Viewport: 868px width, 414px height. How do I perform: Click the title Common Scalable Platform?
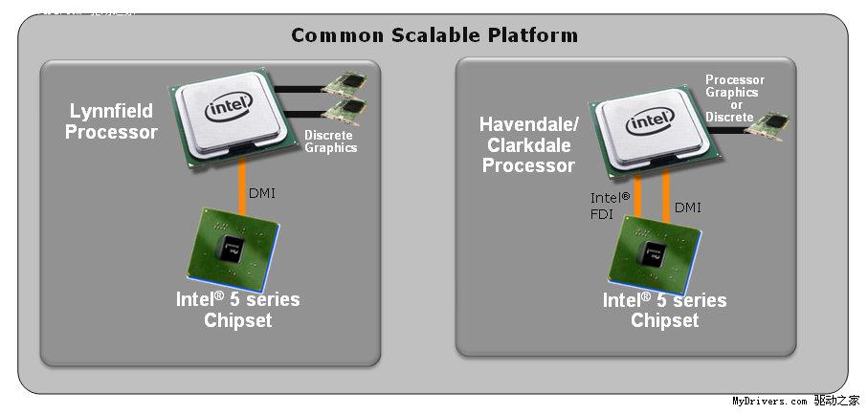pos(434,35)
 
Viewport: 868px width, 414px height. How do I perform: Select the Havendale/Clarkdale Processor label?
pos(528,144)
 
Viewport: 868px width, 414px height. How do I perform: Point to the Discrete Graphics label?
pos(330,142)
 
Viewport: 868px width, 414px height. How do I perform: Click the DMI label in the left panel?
pos(263,192)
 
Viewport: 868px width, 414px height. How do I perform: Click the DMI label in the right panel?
pos(688,206)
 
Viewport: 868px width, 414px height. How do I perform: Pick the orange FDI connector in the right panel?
pos(637,196)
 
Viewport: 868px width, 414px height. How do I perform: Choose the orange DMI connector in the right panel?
pos(665,196)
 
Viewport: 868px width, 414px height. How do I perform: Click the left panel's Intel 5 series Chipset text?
pos(237,310)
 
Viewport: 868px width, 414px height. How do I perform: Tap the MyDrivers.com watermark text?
pos(769,402)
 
